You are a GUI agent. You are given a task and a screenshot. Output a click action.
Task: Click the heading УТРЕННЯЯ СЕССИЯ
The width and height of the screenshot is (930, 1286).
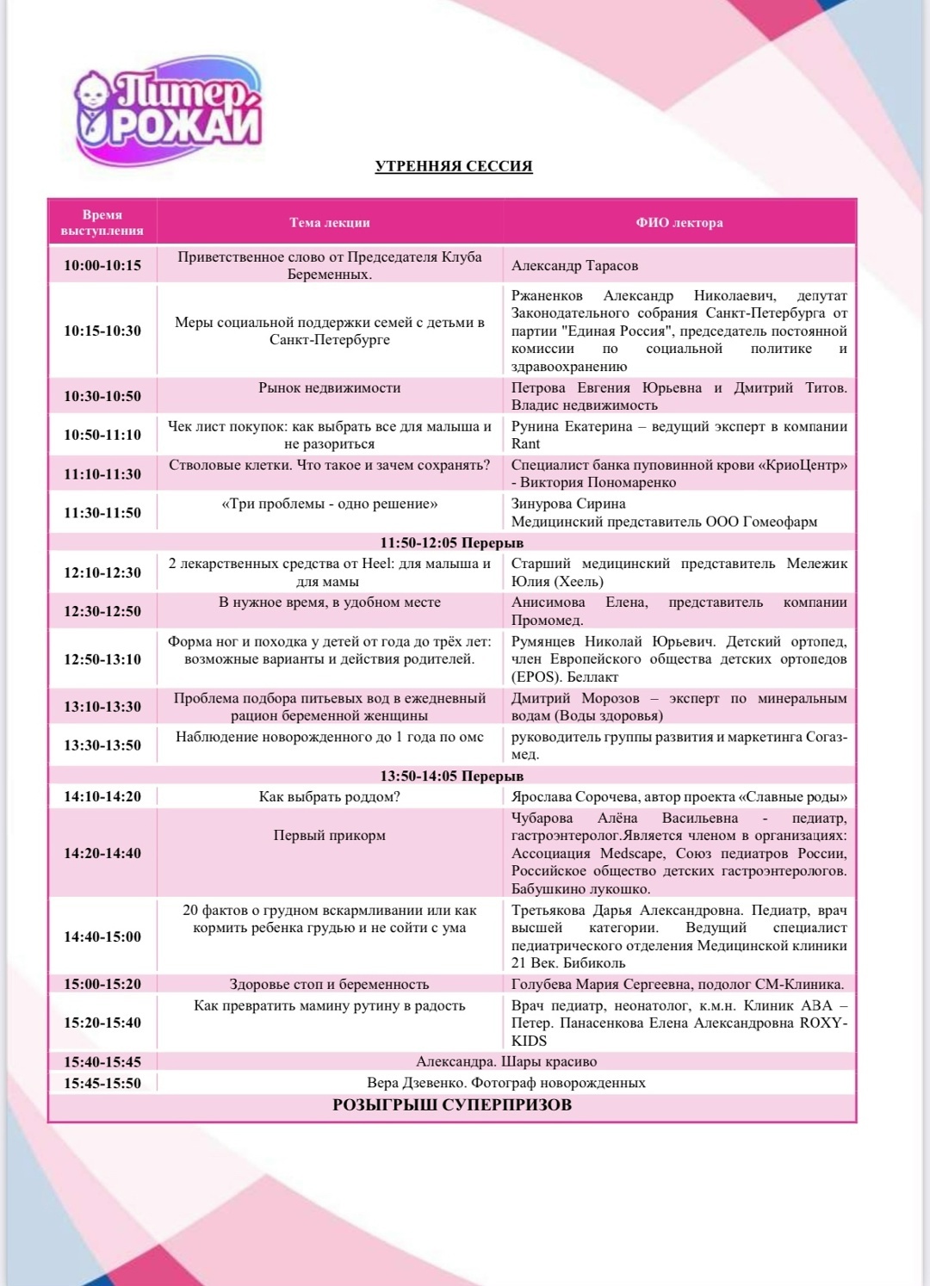pyautogui.click(x=454, y=166)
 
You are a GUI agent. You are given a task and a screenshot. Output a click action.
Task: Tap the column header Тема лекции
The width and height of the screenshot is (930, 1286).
pyautogui.click(x=330, y=223)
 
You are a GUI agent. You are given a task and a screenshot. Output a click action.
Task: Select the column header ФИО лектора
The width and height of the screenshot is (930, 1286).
pyautogui.click(x=679, y=223)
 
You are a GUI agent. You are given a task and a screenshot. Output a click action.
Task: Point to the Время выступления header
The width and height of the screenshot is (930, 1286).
pyautogui.click(x=102, y=223)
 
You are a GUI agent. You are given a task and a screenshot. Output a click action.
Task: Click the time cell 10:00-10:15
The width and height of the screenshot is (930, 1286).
pyautogui.click(x=102, y=265)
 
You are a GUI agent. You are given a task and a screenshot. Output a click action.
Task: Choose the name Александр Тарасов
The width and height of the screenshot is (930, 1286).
pyautogui.click(x=575, y=266)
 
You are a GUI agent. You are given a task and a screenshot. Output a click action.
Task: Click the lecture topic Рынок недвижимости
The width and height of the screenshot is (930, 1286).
pyautogui.click(x=330, y=388)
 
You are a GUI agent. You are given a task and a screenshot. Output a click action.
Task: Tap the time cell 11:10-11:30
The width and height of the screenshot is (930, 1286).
pyautogui.click(x=102, y=474)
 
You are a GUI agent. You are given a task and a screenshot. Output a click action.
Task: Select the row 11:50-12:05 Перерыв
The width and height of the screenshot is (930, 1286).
pyautogui.click(x=452, y=543)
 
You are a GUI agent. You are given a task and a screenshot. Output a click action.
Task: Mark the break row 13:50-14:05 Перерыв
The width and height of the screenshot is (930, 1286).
pyautogui.click(x=452, y=776)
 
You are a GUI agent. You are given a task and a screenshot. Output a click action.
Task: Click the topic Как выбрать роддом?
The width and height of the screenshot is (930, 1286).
pyautogui.click(x=330, y=797)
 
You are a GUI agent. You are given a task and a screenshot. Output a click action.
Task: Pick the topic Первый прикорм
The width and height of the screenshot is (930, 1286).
pyautogui.click(x=330, y=836)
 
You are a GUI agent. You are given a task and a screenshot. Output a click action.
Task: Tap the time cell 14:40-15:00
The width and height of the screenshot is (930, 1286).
pyautogui.click(x=102, y=937)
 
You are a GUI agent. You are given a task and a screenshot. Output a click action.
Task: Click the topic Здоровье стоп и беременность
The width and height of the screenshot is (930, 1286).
pyautogui.click(x=330, y=985)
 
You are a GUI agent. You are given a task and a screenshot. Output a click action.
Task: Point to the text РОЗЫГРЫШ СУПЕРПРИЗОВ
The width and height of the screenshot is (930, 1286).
pyautogui.click(x=452, y=1105)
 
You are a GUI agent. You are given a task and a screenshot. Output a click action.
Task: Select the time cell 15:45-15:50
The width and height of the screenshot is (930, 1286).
pyautogui.click(x=102, y=1083)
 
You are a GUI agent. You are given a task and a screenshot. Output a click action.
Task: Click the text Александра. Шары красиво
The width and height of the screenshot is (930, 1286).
pyautogui.click(x=506, y=1062)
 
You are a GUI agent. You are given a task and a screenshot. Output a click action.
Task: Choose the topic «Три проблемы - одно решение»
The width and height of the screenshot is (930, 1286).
pyautogui.click(x=330, y=504)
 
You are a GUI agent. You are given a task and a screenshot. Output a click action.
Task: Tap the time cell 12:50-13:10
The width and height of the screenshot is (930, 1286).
pyautogui.click(x=102, y=659)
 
